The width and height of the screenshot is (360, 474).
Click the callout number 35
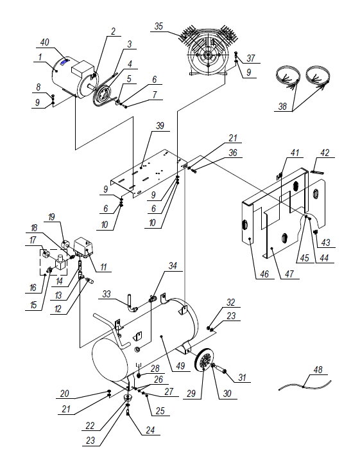[x=159, y=26]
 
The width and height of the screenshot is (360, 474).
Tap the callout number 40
[x=44, y=42]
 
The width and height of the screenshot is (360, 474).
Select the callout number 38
[x=282, y=107]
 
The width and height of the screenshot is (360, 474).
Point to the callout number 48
[x=318, y=370]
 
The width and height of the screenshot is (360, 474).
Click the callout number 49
[x=180, y=366]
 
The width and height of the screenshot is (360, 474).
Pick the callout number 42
[x=325, y=153]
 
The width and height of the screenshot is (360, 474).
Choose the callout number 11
[x=103, y=267]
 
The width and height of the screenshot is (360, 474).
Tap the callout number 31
[x=242, y=377]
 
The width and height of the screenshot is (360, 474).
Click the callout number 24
[x=150, y=430]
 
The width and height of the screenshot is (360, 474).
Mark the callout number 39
[x=160, y=126]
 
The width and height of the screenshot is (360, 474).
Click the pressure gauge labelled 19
[x=65, y=243]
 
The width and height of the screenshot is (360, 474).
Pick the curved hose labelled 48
[x=305, y=385]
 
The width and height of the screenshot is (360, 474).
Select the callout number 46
[x=264, y=274]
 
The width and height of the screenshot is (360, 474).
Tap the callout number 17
[x=33, y=240]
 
